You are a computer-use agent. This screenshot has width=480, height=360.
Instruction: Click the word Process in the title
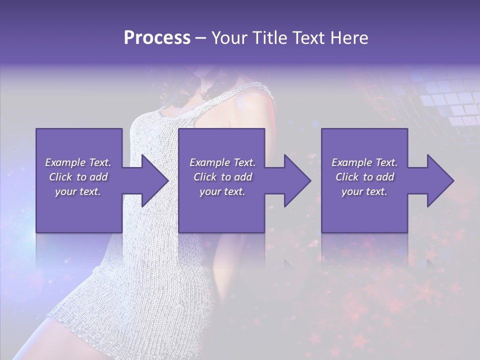click(157, 38)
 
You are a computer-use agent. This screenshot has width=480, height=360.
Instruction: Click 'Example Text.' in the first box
click(78, 162)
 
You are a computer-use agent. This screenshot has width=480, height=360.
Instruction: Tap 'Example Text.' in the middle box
click(222, 162)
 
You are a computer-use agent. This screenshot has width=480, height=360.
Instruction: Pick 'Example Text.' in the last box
click(364, 162)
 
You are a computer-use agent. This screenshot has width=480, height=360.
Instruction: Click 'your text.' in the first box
click(78, 191)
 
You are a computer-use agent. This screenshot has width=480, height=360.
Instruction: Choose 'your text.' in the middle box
click(222, 191)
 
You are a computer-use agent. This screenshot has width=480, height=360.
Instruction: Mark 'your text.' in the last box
click(364, 191)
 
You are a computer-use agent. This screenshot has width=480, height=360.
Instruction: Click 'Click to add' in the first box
click(78, 177)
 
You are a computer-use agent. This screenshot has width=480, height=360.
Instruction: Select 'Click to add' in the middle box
click(222, 177)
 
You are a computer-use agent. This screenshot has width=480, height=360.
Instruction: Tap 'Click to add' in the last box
click(364, 177)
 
